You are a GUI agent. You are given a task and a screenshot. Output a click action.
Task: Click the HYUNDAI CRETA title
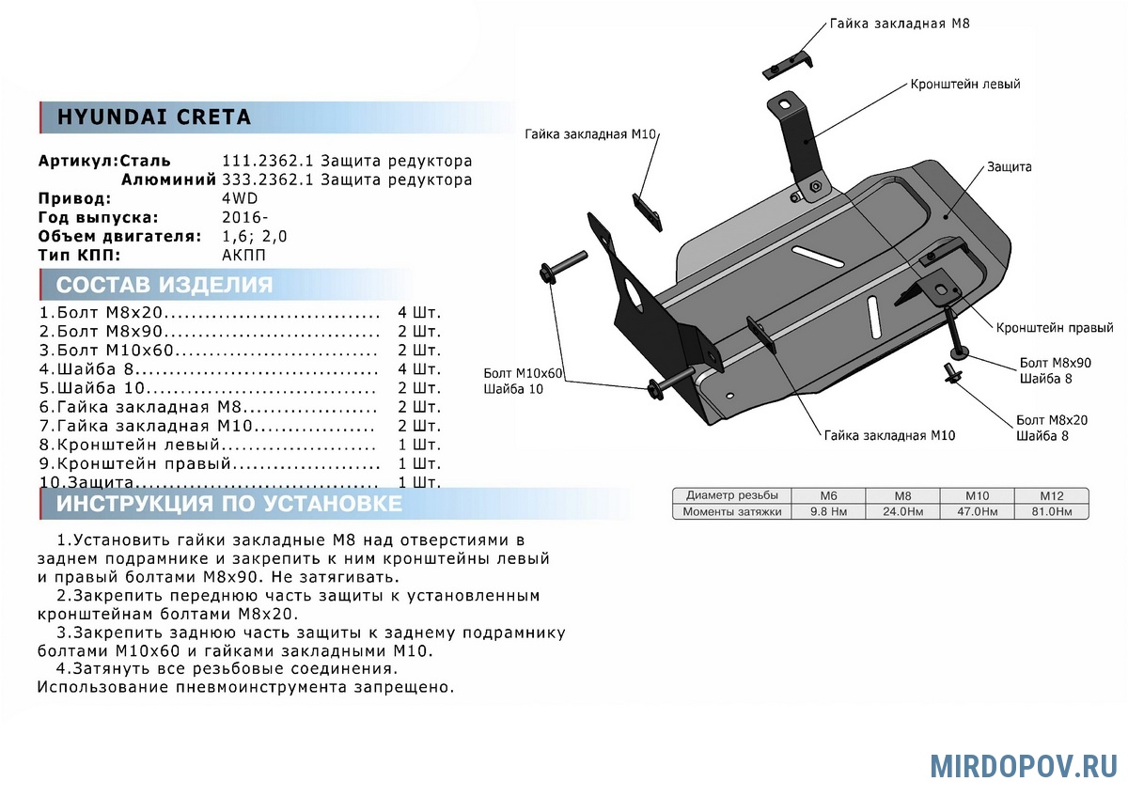point(154,117)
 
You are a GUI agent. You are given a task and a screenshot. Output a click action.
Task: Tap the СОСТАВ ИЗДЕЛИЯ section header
point(164,286)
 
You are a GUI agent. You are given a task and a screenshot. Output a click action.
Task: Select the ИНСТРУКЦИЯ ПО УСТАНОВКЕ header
point(229,504)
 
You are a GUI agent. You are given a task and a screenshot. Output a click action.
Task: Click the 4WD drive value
point(240,198)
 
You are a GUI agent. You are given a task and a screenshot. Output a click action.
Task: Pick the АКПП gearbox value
point(243,255)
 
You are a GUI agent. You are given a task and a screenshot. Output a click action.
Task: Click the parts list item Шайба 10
point(94,388)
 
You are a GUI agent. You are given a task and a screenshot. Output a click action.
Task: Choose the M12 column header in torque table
point(1050,495)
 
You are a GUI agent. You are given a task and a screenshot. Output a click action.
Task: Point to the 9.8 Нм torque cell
point(829,512)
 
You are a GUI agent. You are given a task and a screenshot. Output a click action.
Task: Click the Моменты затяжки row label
point(732,512)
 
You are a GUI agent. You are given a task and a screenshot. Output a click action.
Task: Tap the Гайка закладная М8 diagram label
point(899,23)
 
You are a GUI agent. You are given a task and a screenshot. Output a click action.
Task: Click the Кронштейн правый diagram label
point(1056,328)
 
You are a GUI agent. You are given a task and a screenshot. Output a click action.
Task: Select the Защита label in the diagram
point(1009,167)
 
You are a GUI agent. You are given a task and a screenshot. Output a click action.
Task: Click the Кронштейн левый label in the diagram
point(964,85)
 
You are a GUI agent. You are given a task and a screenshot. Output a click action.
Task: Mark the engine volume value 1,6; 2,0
point(255,236)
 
